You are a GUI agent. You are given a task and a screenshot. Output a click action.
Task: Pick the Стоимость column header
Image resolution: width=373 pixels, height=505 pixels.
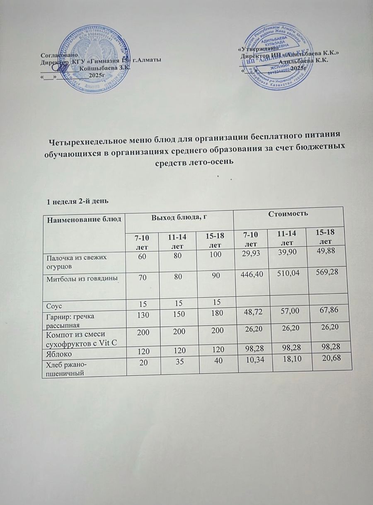[288, 214]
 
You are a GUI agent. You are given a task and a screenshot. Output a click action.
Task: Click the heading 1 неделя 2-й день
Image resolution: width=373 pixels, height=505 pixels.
[78, 201]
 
